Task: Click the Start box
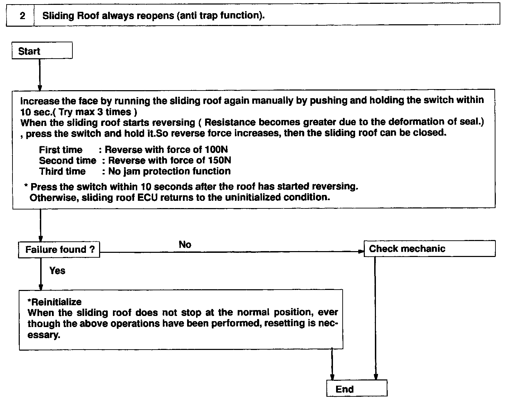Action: [42, 51]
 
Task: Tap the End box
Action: [357, 388]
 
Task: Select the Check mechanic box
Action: [429, 248]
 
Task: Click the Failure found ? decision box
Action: [59, 250]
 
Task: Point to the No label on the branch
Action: [185, 245]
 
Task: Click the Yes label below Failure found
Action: [57, 271]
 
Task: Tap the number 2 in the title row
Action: [22, 16]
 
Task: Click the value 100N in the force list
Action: [216, 149]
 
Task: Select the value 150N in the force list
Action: [219, 160]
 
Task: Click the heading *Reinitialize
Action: [54, 301]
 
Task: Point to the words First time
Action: [61, 150]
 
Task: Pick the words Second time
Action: [67, 161]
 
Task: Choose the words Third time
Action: [62, 171]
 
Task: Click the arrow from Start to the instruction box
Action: [40, 74]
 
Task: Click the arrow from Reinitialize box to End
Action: [332, 364]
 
